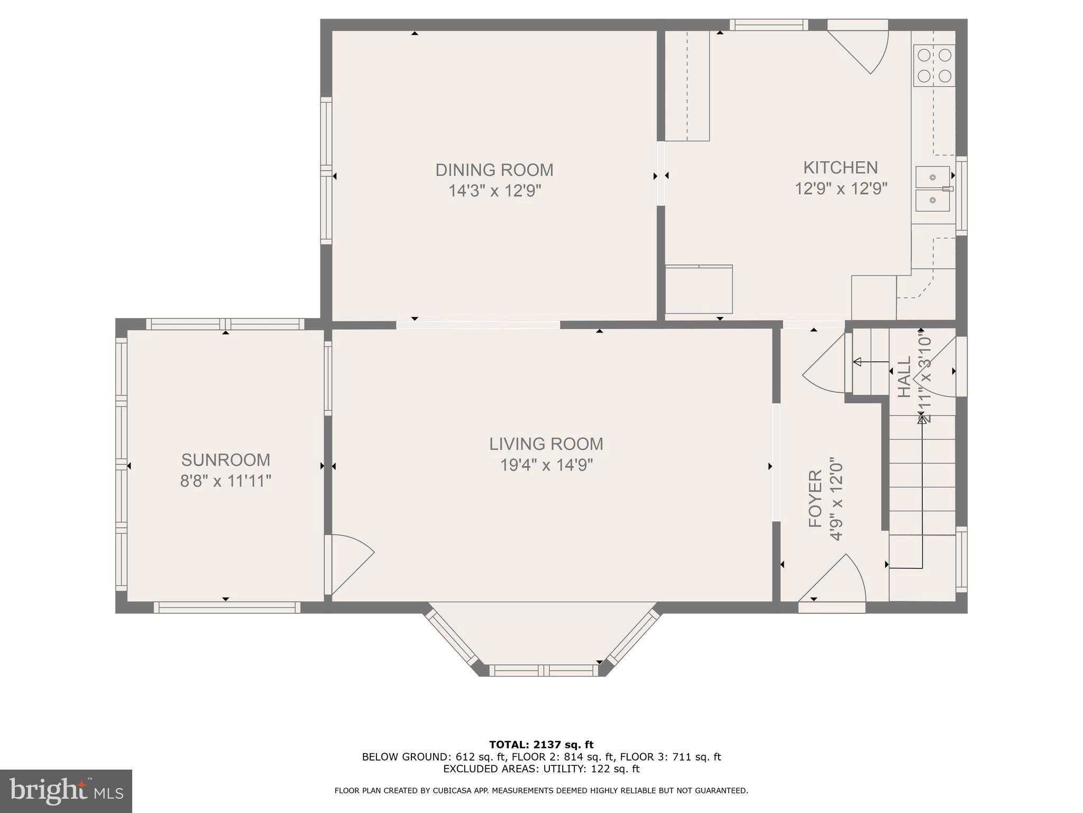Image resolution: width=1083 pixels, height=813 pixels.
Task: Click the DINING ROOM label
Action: (494, 170)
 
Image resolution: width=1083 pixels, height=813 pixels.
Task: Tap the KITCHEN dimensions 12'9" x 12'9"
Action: (840, 188)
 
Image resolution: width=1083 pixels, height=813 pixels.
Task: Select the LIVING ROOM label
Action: (546, 444)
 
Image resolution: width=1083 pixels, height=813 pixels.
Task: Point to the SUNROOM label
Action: (226, 459)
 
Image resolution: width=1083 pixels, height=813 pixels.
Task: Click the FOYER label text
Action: (815, 499)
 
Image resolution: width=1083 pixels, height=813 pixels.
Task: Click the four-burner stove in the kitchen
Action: (934, 66)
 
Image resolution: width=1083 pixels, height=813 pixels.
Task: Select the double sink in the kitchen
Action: (933, 188)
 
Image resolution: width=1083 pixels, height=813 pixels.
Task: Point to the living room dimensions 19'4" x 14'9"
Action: (546, 465)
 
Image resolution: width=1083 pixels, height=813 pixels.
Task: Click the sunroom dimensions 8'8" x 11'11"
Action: (226, 481)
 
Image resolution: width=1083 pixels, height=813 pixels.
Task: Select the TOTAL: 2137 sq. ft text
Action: (541, 745)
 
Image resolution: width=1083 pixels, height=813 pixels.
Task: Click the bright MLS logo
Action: (66, 791)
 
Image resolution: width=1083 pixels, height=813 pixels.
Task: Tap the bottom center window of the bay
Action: (543, 671)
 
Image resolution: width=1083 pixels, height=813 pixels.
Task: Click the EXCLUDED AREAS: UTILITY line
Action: (541, 769)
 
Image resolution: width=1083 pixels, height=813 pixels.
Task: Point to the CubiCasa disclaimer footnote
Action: (541, 791)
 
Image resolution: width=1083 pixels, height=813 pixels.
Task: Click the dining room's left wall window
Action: (326, 170)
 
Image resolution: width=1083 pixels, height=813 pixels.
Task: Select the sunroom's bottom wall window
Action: (227, 608)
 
